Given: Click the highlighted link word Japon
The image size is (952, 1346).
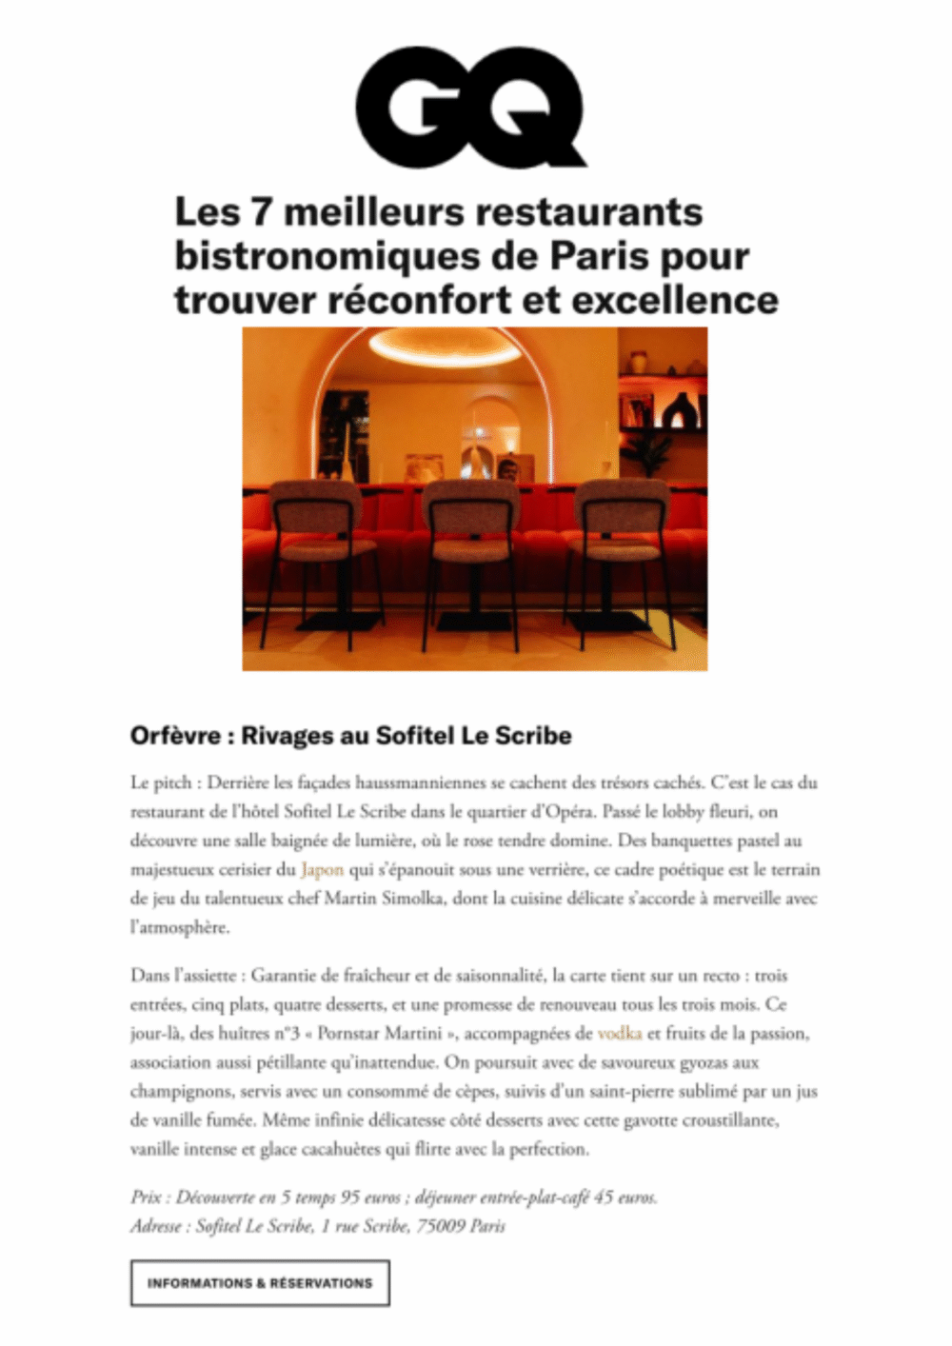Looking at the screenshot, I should point(322,869).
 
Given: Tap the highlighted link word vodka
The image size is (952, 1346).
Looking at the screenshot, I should point(620,1033).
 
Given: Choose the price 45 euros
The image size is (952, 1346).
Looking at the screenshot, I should point(625,1197).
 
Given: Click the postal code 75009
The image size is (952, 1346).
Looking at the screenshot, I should point(440,1226).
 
